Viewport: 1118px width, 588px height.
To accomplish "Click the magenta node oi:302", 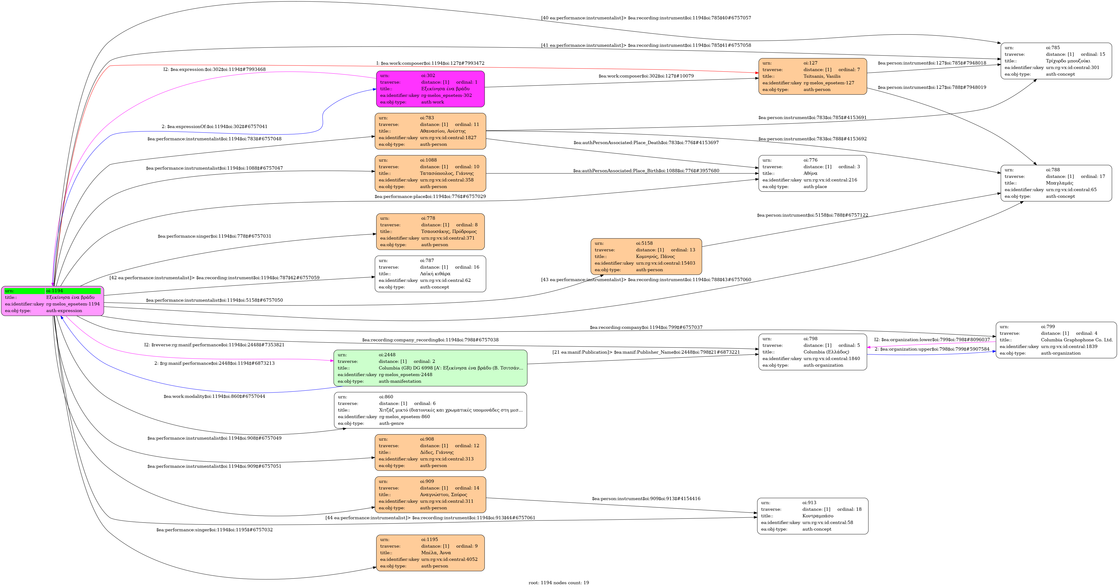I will [x=430, y=89].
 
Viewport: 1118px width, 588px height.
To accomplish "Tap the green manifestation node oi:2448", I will [x=430, y=368].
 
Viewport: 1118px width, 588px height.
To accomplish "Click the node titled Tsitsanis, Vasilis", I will [x=812, y=77].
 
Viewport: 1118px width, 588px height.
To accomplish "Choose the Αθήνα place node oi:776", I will [x=812, y=173].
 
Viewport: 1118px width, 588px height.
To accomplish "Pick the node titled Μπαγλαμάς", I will [x=1056, y=183].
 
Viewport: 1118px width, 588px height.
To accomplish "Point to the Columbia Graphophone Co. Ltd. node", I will [x=1056, y=340].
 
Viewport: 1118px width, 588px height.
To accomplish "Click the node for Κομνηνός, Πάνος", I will [x=646, y=256].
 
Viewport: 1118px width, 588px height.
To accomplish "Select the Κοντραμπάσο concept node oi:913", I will [x=812, y=516].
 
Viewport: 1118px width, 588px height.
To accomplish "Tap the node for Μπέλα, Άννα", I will [x=430, y=553].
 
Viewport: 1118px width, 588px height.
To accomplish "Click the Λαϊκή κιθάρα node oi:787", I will [x=430, y=274].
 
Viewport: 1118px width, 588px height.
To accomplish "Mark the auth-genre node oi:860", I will [x=430, y=410].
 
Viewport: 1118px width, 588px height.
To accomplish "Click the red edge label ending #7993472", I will [x=430, y=63].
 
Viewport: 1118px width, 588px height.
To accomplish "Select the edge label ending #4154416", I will [x=646, y=498].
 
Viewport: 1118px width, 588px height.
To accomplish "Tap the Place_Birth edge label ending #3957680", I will [x=646, y=171].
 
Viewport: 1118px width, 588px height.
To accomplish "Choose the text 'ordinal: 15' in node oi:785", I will [x=1093, y=54].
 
